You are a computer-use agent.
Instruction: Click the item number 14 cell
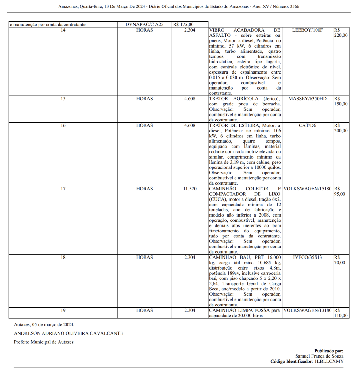point(63,30)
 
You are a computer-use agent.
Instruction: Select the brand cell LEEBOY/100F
point(307,30)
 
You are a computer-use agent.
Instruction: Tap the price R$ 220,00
point(341,33)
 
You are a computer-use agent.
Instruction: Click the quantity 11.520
point(190,189)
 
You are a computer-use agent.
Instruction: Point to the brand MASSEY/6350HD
point(307,99)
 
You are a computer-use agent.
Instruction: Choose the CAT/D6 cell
point(307,125)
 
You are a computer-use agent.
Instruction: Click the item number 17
point(63,189)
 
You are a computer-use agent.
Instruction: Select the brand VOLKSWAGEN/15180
point(307,189)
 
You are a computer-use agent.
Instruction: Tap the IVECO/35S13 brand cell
point(307,257)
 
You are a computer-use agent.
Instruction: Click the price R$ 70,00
point(339,260)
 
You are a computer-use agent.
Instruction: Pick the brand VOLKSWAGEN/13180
point(307,310)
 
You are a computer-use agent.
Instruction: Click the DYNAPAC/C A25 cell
point(144,25)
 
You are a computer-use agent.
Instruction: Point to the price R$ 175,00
point(183,25)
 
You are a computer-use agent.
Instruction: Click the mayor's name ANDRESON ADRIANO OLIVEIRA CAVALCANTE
point(68,333)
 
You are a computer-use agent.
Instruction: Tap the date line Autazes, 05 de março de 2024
point(44,324)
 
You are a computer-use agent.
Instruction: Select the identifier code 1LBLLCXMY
point(329,362)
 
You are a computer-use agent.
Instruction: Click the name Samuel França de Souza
point(319,356)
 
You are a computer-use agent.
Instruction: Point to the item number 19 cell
point(63,310)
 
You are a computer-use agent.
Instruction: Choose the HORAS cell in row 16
point(144,125)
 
